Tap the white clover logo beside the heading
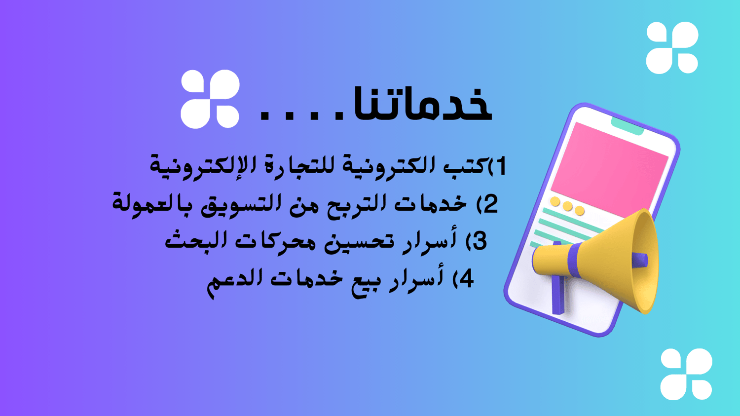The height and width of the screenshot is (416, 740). tap(210, 99)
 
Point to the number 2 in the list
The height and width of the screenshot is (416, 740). tap(490, 204)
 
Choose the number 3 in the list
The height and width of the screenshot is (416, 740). tap(480, 240)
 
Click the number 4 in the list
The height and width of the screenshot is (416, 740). tap(466, 279)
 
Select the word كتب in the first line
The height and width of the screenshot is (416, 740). tap(468, 165)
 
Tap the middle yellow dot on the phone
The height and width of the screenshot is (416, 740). tap(567, 206)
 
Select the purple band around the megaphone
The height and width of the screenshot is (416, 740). tap(574, 261)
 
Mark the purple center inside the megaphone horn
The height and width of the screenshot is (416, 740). tap(639, 261)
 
